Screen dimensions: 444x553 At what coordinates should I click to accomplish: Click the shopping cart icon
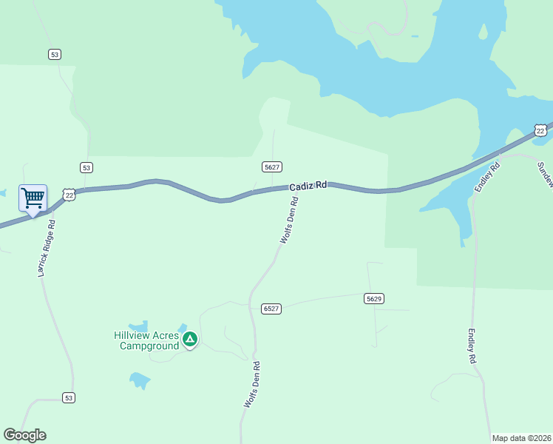point(33,198)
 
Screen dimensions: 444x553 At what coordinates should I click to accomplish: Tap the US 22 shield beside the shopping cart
point(69,195)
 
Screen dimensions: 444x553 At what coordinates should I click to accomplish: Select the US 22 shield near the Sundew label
point(541,130)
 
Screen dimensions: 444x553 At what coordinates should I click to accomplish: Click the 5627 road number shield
point(272,167)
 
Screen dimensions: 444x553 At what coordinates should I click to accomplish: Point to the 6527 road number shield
point(271,308)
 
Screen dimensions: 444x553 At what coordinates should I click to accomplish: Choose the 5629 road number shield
point(373,298)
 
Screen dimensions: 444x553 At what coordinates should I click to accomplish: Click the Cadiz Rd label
point(308,186)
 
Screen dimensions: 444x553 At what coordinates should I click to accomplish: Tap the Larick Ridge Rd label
point(47,247)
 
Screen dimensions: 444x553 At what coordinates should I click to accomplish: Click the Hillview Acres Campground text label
point(146,340)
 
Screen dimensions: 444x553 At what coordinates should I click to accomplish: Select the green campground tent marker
point(190,340)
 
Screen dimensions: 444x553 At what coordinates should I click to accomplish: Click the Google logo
point(24,435)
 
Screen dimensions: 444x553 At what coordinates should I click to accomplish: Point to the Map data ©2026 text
point(520,438)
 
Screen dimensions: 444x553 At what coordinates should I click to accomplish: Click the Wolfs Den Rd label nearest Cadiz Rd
point(289,220)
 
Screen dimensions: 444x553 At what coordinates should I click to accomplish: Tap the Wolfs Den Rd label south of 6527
point(252,385)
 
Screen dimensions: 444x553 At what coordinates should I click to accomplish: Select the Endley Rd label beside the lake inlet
point(488,177)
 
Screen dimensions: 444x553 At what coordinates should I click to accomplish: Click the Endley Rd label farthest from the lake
point(470,346)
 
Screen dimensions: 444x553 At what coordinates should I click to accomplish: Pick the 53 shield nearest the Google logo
point(68,397)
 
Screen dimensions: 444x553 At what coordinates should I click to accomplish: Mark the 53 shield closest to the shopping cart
point(86,168)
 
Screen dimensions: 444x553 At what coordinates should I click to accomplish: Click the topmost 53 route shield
point(54,54)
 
